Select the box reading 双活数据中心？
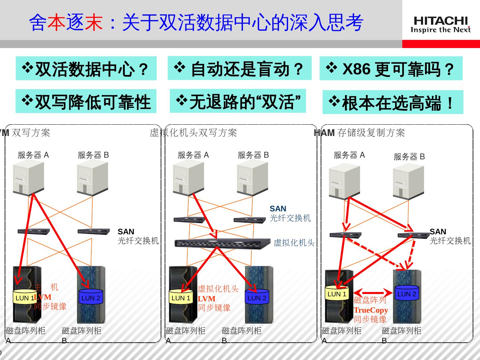pyautogui.click(x=86, y=68)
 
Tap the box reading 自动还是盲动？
pyautogui.click(x=239, y=68)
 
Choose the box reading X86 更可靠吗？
pyautogui.click(x=391, y=69)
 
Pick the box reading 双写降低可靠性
pyautogui.click(x=86, y=101)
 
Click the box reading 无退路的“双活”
pyautogui.click(x=238, y=101)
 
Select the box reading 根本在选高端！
pyautogui.click(x=393, y=102)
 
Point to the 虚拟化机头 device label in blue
pyautogui.click(x=294, y=243)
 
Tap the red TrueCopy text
pyautogui.click(x=371, y=310)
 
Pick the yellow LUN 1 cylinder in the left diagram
pyautogui.click(x=24, y=297)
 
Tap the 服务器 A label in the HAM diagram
pyautogui.click(x=349, y=155)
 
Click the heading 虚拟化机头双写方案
pyautogui.click(x=193, y=133)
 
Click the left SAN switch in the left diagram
pyautogui.click(x=33, y=232)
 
